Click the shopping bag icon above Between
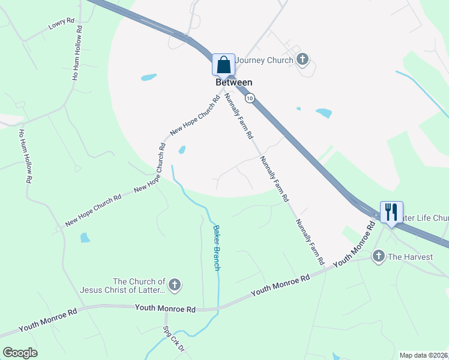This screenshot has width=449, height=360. (224, 64)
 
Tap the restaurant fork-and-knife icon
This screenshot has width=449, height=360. (391, 211)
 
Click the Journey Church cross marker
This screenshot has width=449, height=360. (303, 59)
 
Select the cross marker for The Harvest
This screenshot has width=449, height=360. (379, 257)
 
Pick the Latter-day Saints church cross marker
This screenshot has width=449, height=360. (174, 285)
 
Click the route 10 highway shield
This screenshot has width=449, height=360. (250, 97)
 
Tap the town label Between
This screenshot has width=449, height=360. (234, 82)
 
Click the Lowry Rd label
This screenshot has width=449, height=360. (61, 25)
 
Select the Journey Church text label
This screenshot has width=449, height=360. (264, 60)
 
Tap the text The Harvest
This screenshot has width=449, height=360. (410, 257)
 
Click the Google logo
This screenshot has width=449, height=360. (20, 352)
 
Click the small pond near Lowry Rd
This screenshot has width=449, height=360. (148, 77)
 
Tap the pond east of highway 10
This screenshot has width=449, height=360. (324, 113)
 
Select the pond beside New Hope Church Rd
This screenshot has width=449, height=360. (182, 149)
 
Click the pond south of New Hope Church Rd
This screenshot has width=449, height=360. (85, 238)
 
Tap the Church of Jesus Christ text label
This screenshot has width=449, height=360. (122, 286)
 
